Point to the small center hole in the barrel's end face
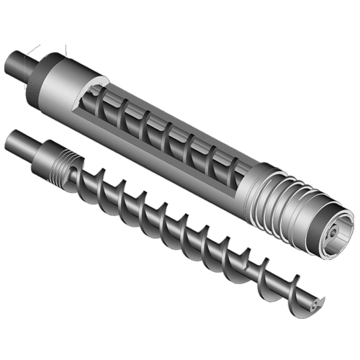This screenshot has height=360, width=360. pyautogui.click(x=333, y=234)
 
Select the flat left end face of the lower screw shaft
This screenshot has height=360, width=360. pyautogui.click(x=7, y=139)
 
